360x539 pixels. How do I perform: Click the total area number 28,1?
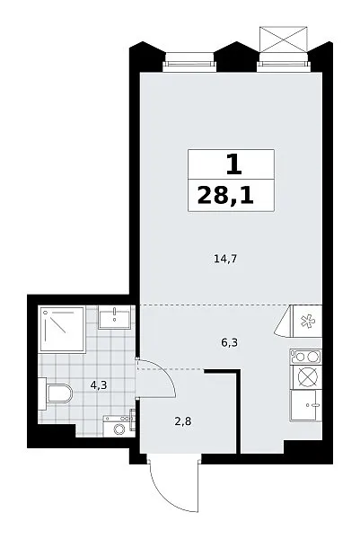[x=225, y=196]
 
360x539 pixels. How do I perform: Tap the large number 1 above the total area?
[x=234, y=164]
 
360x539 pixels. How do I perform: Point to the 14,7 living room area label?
[x=225, y=259]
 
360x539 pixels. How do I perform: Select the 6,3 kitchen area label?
[x=230, y=343]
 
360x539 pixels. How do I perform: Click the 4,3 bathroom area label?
[x=99, y=385]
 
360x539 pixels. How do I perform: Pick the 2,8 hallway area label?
[x=183, y=421]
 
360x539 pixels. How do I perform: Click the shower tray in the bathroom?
[x=63, y=330]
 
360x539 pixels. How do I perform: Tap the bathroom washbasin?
[x=114, y=317]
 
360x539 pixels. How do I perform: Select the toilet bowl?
[x=56, y=393]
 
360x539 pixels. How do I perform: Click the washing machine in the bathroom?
[x=119, y=426]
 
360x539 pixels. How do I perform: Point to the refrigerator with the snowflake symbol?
[x=306, y=322]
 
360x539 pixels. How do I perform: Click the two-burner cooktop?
[x=305, y=357]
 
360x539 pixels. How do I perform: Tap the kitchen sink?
[x=306, y=405]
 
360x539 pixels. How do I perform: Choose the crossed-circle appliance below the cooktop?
[x=305, y=377]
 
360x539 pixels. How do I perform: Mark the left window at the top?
[x=189, y=62]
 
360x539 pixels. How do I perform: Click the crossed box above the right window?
[x=284, y=39]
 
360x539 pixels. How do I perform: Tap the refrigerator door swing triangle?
[x=284, y=322]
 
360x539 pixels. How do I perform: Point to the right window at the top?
[x=284, y=62]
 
